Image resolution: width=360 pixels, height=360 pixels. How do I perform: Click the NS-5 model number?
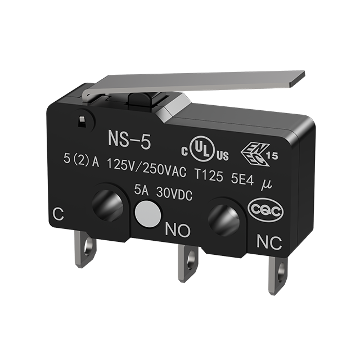129,140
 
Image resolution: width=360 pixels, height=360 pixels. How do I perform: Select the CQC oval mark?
265,209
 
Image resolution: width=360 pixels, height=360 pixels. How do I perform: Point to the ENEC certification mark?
259,154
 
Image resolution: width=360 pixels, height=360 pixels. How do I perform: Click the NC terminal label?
269,242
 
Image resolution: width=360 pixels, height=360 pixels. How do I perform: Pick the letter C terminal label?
58,214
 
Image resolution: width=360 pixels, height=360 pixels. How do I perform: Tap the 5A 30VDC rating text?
163,193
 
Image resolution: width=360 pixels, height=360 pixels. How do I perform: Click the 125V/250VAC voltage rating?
146,167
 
